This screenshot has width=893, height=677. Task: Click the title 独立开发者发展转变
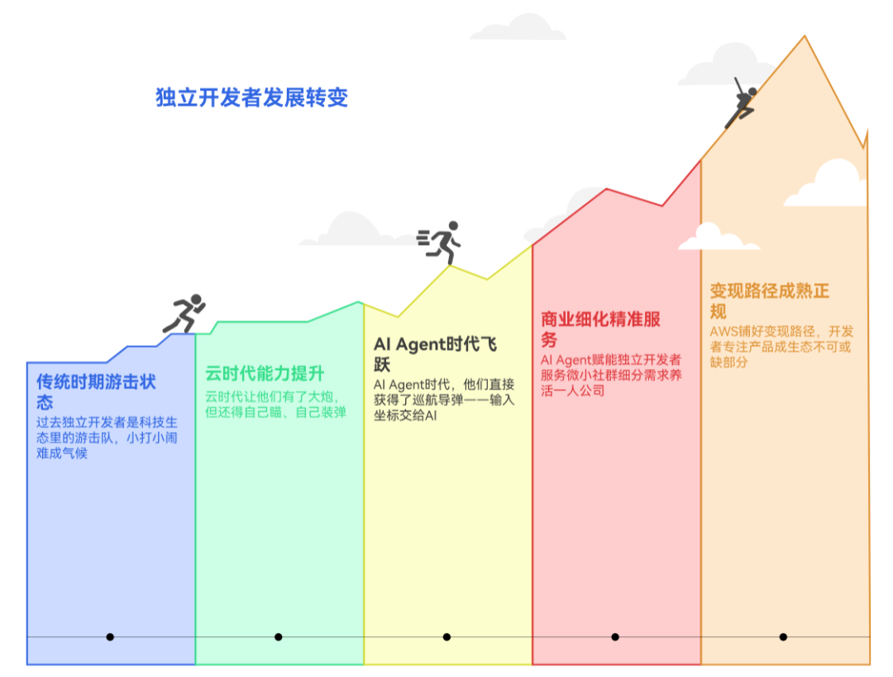click(252, 98)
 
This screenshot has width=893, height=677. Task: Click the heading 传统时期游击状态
click(96, 391)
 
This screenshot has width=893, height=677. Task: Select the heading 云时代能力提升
click(265, 374)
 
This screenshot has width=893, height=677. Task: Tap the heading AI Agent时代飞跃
click(435, 353)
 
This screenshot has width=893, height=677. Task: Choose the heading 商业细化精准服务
click(600, 329)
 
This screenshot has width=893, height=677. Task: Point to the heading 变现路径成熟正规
click(769, 301)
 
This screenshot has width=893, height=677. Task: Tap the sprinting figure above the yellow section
click(440, 242)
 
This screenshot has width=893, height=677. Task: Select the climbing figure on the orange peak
click(742, 103)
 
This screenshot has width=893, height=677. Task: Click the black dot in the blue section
click(110, 637)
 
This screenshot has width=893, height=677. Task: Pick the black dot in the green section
click(279, 637)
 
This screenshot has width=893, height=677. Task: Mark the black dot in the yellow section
click(446, 637)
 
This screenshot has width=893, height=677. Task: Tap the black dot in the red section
click(615, 637)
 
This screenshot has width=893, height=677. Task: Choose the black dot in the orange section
click(783, 637)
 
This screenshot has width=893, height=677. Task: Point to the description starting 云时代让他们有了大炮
click(275, 404)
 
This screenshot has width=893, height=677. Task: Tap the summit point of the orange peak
click(805, 36)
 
